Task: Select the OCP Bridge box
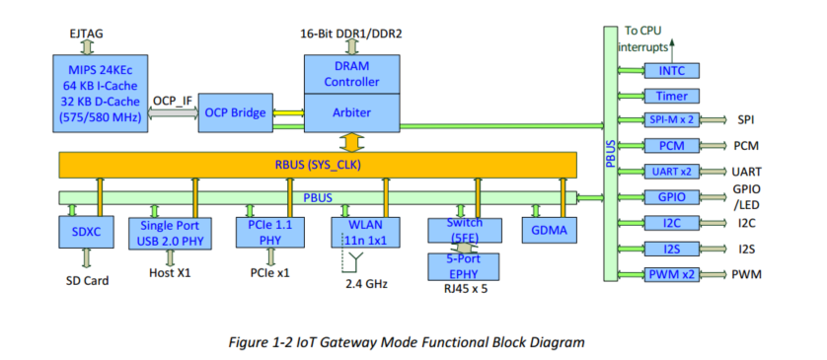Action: pos(235,113)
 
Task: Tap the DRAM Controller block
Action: pos(351,72)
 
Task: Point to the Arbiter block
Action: pos(351,111)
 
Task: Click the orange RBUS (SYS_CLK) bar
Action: pos(318,164)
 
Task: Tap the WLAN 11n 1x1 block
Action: pos(365,231)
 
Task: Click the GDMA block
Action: pos(549,231)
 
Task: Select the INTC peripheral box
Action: pos(672,70)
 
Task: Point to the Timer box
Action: pos(672,96)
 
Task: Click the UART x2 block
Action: pos(672,171)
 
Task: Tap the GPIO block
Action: pos(672,196)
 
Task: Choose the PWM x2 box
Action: pos(672,273)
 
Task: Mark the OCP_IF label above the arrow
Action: pos(172,100)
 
